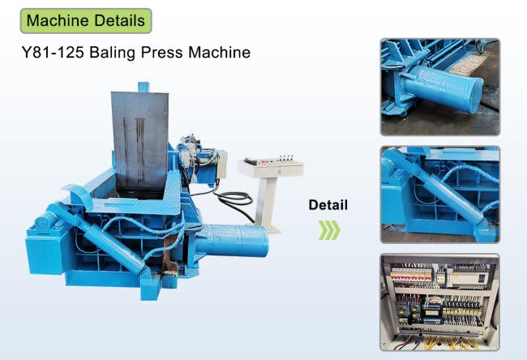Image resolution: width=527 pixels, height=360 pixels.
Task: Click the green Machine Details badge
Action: click(86, 21)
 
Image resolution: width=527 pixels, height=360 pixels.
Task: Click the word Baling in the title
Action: click(112, 53)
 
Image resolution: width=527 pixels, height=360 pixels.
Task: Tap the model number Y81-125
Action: click(53, 53)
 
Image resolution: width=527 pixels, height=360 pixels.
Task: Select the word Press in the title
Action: click(162, 53)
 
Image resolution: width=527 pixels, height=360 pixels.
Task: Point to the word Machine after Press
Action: click(220, 53)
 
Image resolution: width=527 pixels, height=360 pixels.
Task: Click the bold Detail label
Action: click(328, 204)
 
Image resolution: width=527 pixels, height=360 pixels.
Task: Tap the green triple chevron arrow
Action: click(329, 230)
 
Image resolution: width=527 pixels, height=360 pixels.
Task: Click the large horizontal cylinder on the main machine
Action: click(233, 241)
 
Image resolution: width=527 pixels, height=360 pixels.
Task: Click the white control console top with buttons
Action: click(272, 167)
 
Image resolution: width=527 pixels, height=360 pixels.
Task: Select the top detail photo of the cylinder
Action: click(440, 87)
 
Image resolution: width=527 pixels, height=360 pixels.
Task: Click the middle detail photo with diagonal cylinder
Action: click(440, 195)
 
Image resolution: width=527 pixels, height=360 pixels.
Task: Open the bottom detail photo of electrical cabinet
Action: click(439, 302)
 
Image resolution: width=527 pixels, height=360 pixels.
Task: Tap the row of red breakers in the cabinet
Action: click(412, 276)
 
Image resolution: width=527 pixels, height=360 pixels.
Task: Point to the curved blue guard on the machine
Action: click(81, 195)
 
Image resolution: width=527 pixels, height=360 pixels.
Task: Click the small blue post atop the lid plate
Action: click(144, 87)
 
